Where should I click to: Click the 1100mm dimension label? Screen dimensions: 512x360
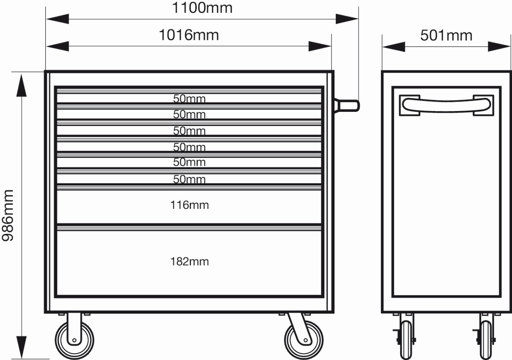click(x=202, y=8)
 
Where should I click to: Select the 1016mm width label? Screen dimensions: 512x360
click(x=189, y=35)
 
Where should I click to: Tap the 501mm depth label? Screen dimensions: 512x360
click(x=446, y=35)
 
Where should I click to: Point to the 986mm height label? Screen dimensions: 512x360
click(x=8, y=216)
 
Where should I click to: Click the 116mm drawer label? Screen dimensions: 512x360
click(x=189, y=205)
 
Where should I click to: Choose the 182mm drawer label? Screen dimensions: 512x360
click(x=189, y=261)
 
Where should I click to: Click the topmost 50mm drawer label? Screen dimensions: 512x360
click(x=189, y=99)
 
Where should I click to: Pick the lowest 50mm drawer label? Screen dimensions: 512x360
click(x=189, y=179)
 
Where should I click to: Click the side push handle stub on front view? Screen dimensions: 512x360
click(x=347, y=106)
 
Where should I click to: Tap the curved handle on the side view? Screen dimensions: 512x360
click(x=446, y=105)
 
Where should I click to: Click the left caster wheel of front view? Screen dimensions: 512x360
click(x=75, y=340)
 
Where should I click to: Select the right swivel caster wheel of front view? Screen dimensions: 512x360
click(x=304, y=340)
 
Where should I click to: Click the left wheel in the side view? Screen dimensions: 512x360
click(x=406, y=340)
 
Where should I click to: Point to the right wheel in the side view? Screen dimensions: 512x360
click(x=486, y=340)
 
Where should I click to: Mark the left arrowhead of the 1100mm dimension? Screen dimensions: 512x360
click(x=58, y=19)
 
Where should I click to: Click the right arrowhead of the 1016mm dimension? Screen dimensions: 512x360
click(x=320, y=46)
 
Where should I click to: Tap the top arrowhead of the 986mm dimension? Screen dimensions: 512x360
click(x=21, y=85)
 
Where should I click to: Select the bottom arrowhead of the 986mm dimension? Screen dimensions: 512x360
click(x=21, y=347)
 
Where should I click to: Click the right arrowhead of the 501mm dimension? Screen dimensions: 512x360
click(x=499, y=47)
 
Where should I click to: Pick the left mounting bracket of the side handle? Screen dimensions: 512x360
click(x=410, y=105)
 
